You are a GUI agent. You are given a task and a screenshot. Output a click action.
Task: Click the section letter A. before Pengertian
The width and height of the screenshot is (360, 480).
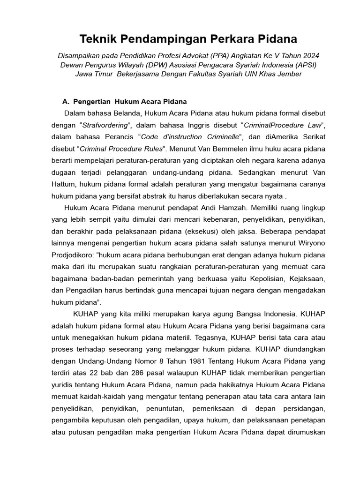[66, 101]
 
